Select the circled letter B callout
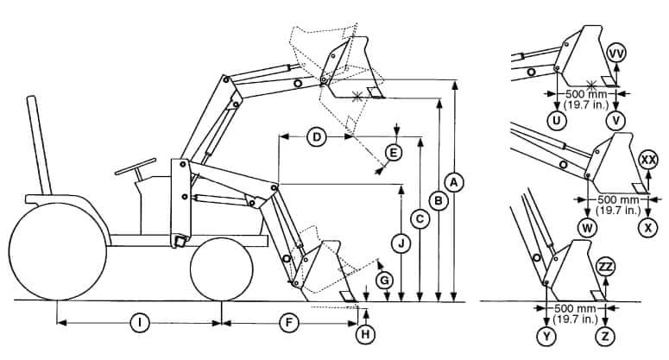coord(439,200)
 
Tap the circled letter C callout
coord(420,219)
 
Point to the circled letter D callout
coord(316,137)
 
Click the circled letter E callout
coord(394,153)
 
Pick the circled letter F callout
coord(290,323)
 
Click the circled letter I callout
coord(138,323)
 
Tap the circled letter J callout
coord(401,243)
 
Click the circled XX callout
coord(648,160)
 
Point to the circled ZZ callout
coord(606,266)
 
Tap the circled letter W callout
coord(588,228)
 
